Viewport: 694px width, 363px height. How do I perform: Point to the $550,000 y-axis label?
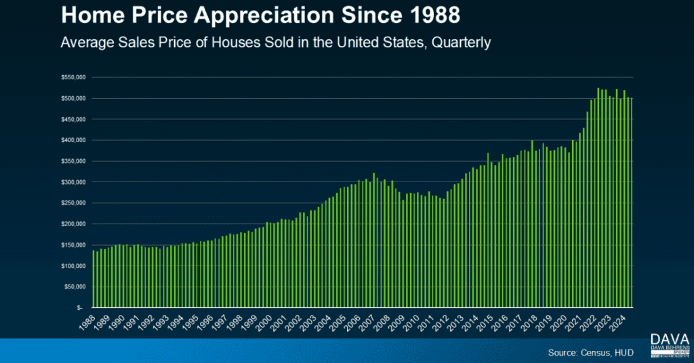[x=71, y=78]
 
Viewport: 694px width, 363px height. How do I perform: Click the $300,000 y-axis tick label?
[x=71, y=182]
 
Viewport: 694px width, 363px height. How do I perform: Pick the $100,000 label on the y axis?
[x=71, y=265]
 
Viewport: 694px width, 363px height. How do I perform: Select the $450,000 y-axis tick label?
[x=71, y=119]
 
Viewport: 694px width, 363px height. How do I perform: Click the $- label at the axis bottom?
[x=81, y=307]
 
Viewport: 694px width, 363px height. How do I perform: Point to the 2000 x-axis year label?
[x=266, y=320]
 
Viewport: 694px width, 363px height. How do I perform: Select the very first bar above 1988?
[x=94, y=278]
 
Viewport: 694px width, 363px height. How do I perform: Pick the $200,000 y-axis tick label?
[x=71, y=223]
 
